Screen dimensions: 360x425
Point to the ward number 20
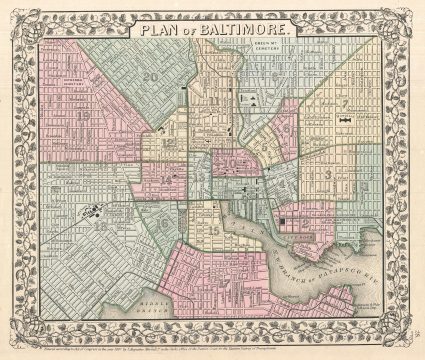151,75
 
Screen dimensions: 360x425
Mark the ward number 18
100,226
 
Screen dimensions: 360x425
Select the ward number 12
170,143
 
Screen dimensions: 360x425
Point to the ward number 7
343,103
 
